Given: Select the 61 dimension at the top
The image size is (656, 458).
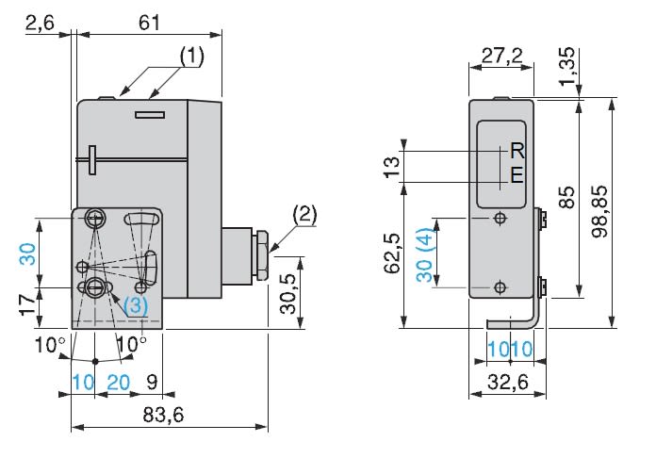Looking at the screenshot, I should [149, 23].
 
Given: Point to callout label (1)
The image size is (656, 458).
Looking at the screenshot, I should [191, 57].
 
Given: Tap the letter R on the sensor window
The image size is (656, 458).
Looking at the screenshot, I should [516, 151].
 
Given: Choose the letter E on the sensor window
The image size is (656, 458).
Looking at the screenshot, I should [516, 174].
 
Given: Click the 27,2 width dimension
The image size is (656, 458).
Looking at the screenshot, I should [502, 57].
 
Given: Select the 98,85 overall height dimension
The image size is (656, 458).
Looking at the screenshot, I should [626, 212].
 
